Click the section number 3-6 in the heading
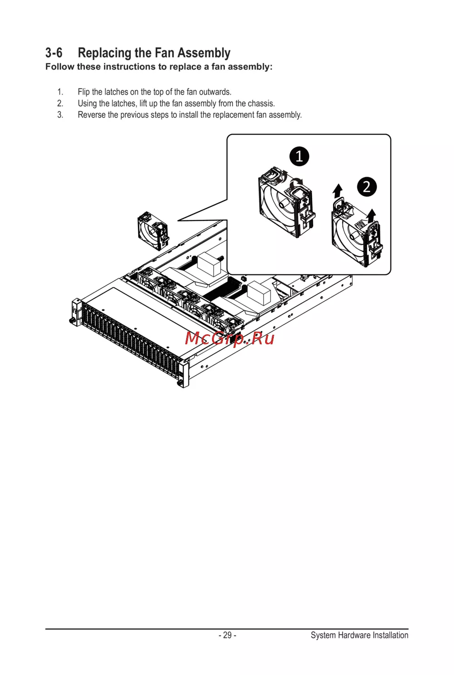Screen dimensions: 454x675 [54, 53]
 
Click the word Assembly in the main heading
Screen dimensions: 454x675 [204, 54]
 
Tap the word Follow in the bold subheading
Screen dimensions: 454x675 [59, 67]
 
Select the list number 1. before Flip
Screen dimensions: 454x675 [60, 92]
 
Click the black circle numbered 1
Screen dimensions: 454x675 [299, 156]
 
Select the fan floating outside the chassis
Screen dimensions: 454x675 [153, 231]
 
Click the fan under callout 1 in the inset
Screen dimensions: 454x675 [286, 203]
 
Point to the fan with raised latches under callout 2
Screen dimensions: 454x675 [357, 233]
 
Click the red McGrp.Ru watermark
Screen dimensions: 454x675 [230, 338]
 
